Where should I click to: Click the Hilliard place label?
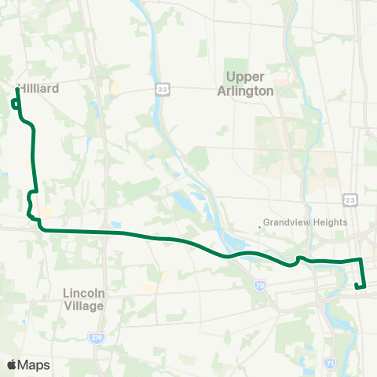pyautogui.click(x=39, y=90)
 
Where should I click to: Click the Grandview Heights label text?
pyautogui.click(x=306, y=222)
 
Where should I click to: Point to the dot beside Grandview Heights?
pyautogui.click(x=259, y=228)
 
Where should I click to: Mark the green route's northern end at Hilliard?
pyautogui.click(x=16, y=90)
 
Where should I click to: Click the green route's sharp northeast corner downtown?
pyautogui.click(x=360, y=259)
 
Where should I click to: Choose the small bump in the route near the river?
pyautogui.click(x=299, y=258)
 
